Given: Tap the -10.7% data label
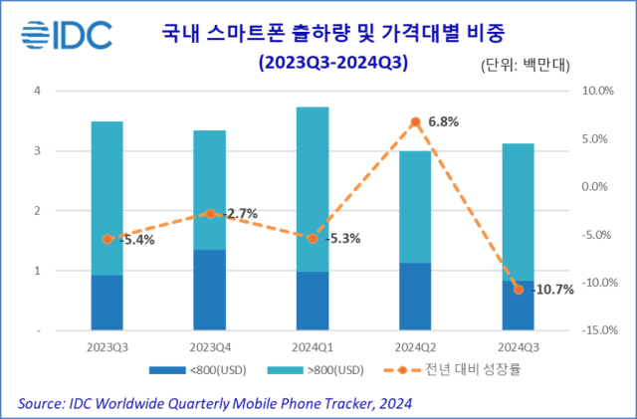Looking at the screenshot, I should coord(553,290).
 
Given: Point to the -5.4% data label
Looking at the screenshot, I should coord(137,240).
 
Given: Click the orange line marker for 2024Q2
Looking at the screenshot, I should coord(415,122).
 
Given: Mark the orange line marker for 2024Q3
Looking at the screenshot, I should coord(518,289).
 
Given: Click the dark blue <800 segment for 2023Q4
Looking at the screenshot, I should coord(209,290).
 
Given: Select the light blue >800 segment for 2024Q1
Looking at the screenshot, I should coord(312,189).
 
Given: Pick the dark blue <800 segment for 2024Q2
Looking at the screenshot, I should coord(415,296).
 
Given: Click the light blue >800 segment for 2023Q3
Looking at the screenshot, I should coord(106,198).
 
